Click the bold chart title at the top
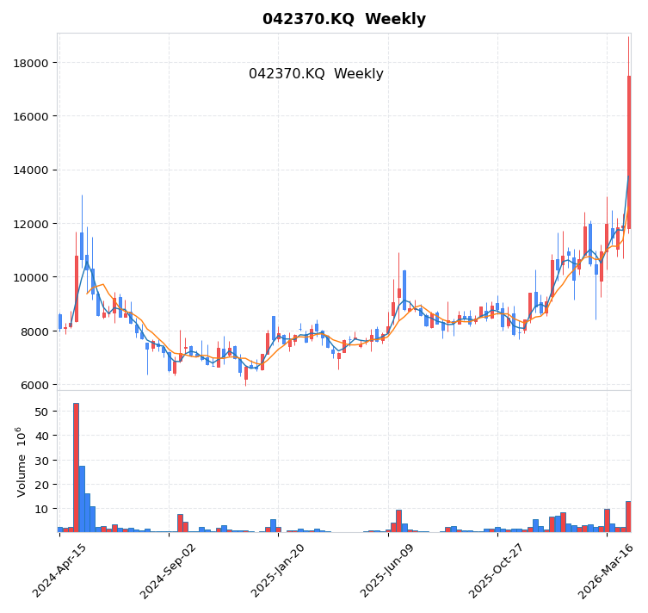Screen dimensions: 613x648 343,19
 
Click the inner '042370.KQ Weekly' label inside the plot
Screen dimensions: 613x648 316,74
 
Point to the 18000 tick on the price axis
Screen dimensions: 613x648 30,63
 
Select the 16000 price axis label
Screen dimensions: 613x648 30,116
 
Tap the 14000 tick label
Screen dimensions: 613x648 30,170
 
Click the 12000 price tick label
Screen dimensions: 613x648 30,224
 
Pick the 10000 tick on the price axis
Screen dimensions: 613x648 30,277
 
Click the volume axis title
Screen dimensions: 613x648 22,461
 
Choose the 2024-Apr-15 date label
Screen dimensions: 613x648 59,571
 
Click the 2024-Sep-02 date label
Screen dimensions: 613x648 170,571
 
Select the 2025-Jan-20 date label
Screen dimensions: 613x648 280,571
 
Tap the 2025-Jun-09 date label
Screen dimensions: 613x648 389,571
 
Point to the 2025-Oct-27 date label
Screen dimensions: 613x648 498,571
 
